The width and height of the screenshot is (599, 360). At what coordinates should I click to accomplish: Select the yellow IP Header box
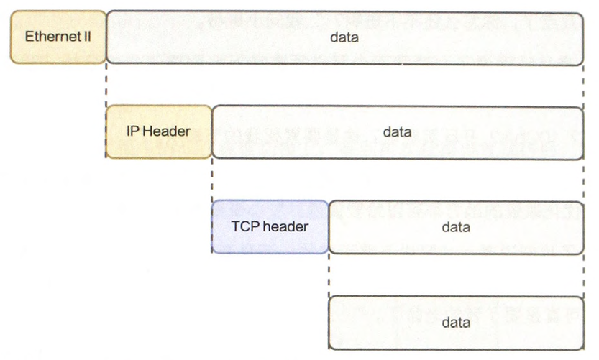(158, 131)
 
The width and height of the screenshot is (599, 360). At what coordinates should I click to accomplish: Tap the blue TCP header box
(270, 226)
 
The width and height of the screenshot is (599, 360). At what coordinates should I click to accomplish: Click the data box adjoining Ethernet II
(344, 37)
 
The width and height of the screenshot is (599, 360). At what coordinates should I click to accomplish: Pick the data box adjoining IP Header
(397, 131)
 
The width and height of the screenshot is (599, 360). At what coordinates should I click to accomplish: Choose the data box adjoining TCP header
(456, 226)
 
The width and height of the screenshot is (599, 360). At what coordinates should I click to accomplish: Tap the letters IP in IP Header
(132, 131)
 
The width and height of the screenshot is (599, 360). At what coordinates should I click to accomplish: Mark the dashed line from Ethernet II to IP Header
(106, 85)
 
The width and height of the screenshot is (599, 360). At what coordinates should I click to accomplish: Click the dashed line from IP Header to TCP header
(212, 180)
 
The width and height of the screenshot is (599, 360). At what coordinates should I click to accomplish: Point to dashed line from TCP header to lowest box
(329, 274)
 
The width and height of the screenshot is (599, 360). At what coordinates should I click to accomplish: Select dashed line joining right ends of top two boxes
(583, 85)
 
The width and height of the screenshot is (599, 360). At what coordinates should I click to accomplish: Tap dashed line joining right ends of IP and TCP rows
(583, 180)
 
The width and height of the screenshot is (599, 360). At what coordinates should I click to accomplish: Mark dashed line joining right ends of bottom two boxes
(583, 274)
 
